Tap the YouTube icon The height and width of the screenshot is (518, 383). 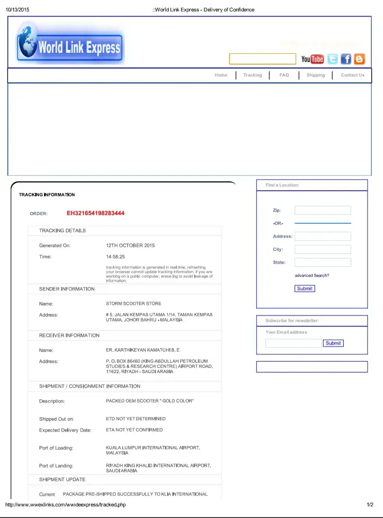(x=312, y=59)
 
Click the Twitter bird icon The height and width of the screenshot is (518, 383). (x=332, y=59)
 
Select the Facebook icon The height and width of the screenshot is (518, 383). (x=346, y=59)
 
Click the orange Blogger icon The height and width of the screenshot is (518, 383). (x=359, y=59)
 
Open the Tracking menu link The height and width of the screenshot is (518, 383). (x=253, y=75)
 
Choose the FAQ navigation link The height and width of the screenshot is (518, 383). (x=284, y=75)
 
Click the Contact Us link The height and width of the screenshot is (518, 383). (x=352, y=75)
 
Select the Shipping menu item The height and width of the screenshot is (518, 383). (x=316, y=75)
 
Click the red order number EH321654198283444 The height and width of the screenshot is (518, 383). (x=95, y=213)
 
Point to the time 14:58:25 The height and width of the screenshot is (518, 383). (x=115, y=256)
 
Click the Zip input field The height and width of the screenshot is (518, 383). (x=322, y=210)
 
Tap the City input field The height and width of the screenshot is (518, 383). (x=322, y=249)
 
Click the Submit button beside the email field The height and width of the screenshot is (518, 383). (x=333, y=343)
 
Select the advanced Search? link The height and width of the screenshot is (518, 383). (x=312, y=276)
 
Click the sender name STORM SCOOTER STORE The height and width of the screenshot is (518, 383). (x=134, y=304)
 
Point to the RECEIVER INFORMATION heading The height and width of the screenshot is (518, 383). (x=69, y=335)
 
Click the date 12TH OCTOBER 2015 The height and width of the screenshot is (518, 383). (x=130, y=246)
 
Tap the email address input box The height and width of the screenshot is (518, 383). (x=293, y=343)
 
